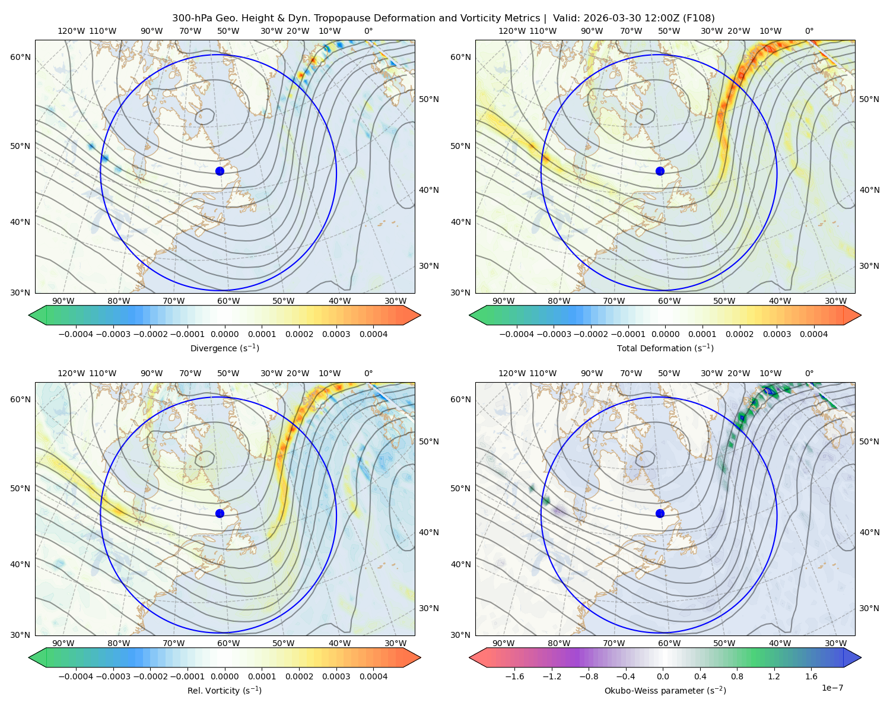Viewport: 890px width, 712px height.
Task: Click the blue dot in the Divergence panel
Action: (220, 171)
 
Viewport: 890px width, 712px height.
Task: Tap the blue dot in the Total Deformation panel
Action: (660, 171)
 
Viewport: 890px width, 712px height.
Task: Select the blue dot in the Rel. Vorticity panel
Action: (220, 513)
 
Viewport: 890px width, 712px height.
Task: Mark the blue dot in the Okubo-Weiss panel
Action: (660, 513)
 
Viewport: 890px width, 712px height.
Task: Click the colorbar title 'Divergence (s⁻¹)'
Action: (224, 348)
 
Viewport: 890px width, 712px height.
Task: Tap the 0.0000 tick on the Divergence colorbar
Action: (224, 334)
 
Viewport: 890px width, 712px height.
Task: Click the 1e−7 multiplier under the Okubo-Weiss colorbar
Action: (832, 688)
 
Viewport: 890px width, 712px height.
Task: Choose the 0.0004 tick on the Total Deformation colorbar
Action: (814, 334)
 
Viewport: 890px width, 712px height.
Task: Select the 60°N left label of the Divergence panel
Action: (20, 57)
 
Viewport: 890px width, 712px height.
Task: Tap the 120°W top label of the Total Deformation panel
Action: (512, 31)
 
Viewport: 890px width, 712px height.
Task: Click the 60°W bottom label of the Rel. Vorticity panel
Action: (228, 643)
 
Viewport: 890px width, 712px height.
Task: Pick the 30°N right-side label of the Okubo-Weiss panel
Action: (869, 608)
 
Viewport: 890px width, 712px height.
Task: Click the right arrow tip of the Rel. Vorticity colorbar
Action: (421, 657)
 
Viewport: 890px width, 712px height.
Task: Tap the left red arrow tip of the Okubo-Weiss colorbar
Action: (469, 657)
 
